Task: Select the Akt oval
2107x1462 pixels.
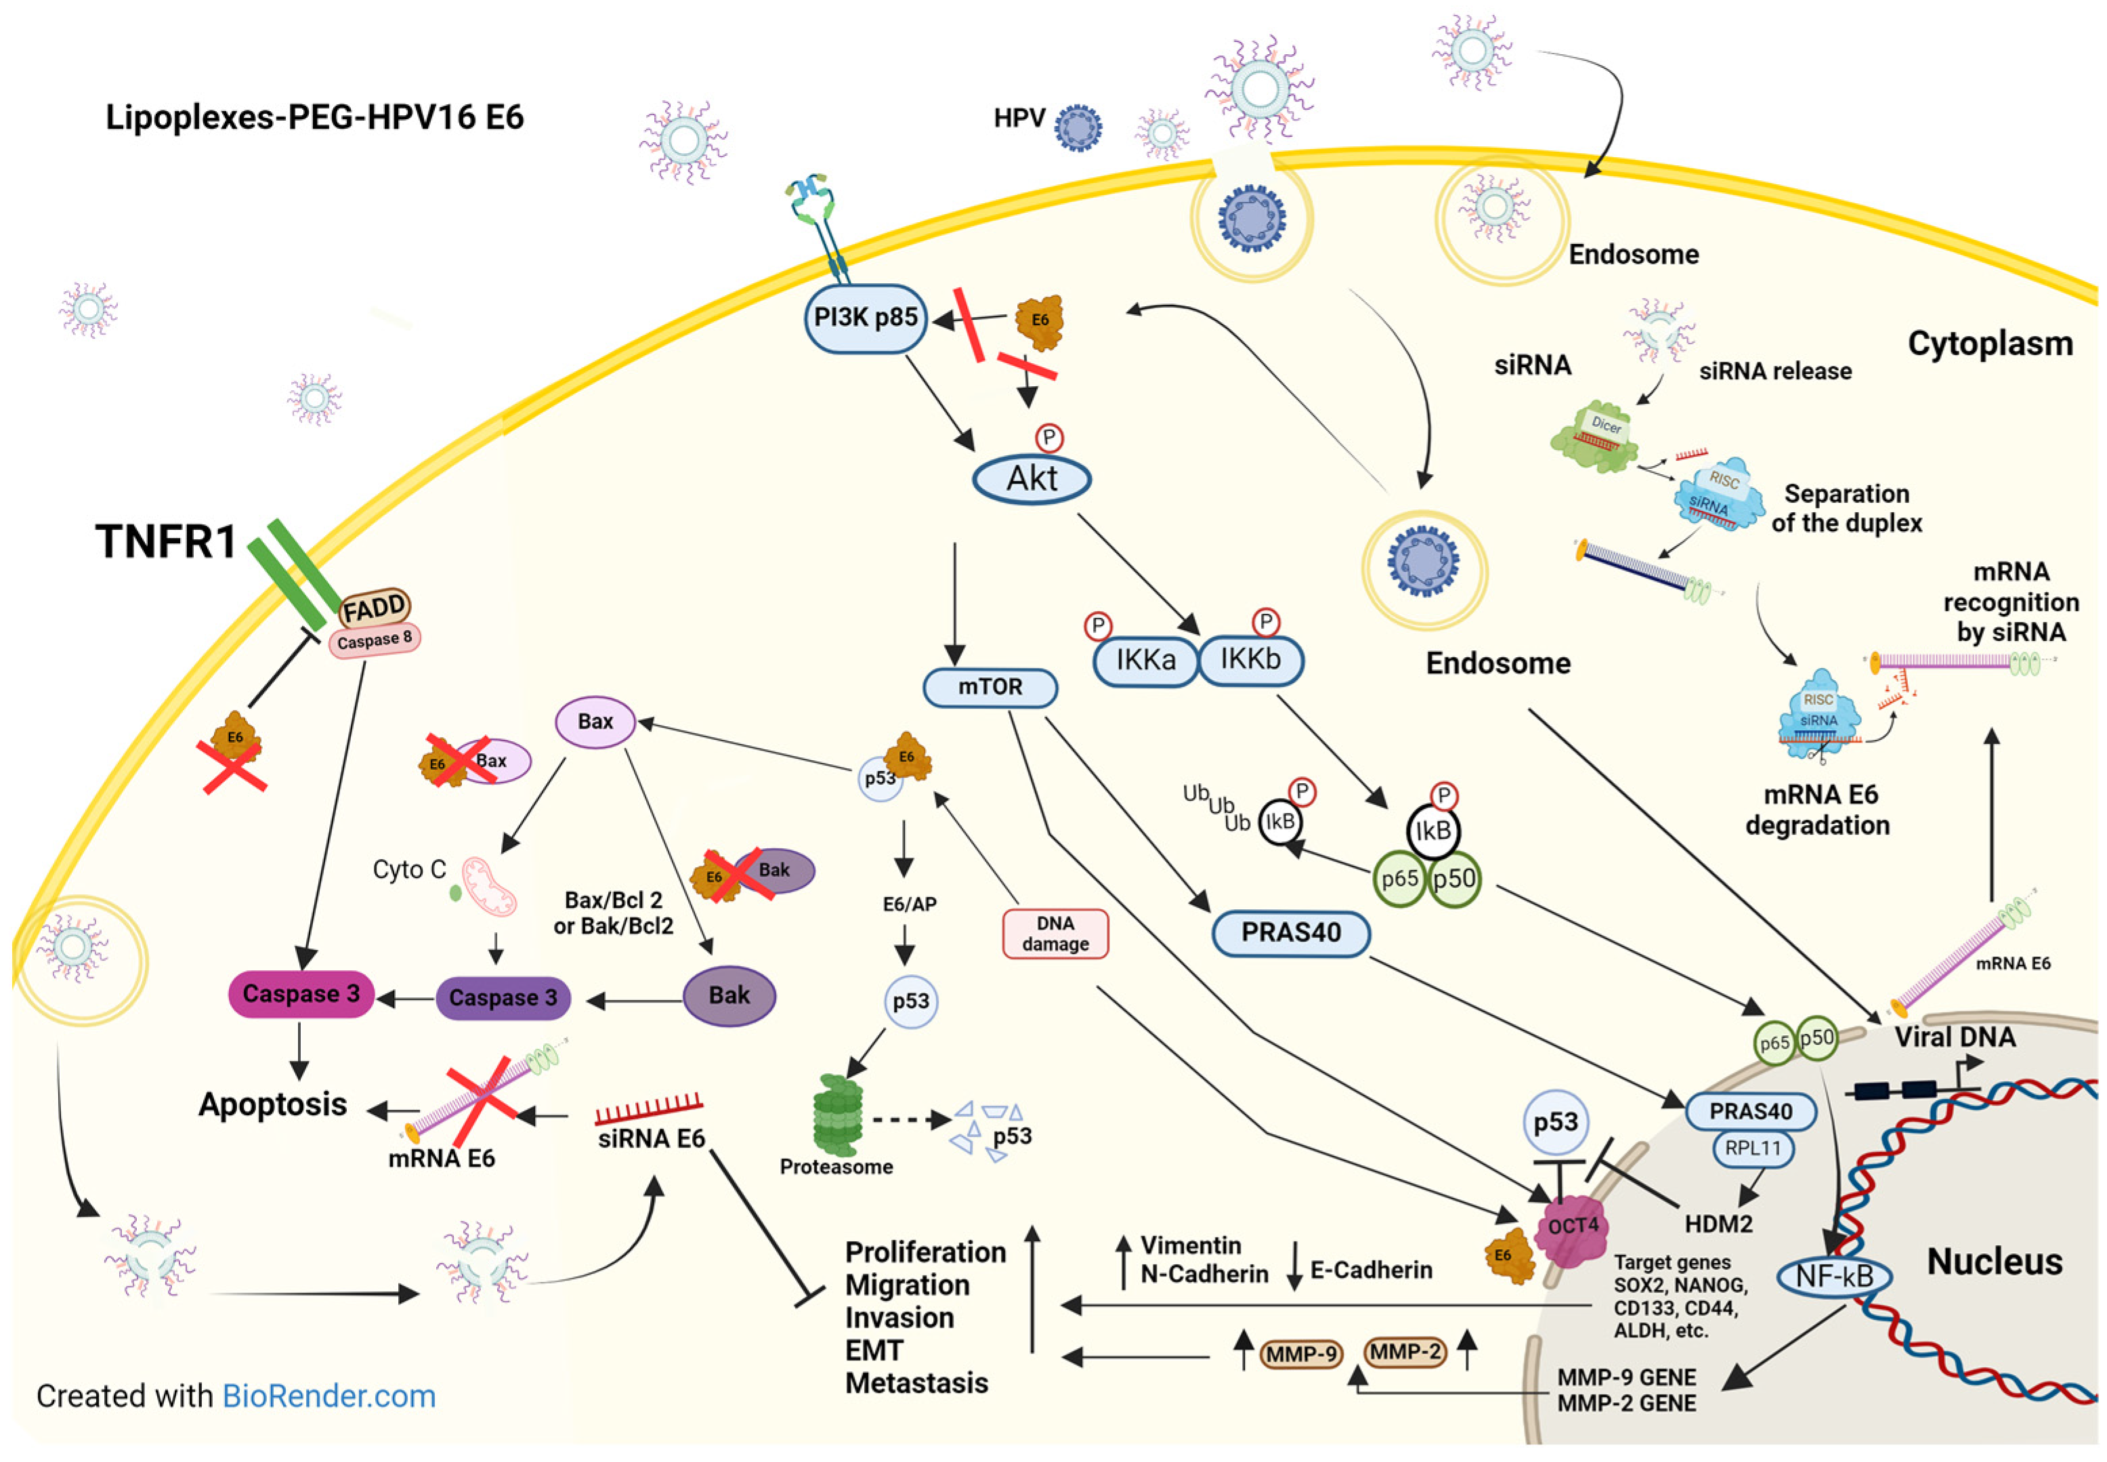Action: click(1031, 478)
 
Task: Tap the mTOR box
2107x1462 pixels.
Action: click(990, 687)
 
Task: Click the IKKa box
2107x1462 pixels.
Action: click(1145, 660)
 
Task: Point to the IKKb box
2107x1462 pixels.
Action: click(1251, 660)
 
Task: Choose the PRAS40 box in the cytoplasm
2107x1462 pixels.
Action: click(1290, 932)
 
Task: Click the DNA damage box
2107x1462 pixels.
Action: click(1055, 934)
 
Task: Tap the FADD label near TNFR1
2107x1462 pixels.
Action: click(374, 606)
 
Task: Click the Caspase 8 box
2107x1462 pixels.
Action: click(374, 640)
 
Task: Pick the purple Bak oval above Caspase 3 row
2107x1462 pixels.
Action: click(729, 996)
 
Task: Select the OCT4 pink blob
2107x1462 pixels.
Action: click(1571, 1228)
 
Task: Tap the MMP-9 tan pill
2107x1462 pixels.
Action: click(1301, 1354)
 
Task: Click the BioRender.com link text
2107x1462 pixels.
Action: click(328, 1396)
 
